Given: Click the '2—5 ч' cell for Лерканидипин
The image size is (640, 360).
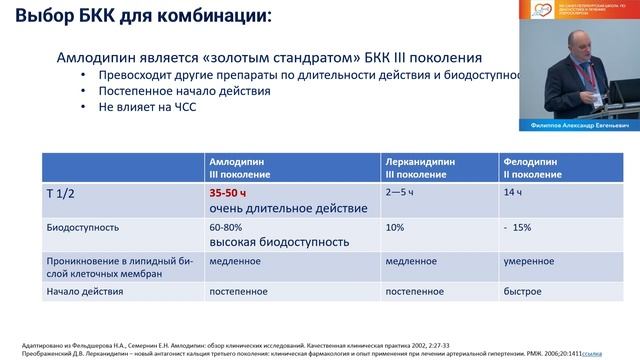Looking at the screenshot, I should pyautogui.click(x=402, y=190).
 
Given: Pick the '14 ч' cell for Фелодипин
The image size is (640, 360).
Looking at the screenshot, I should pyautogui.click(x=513, y=190).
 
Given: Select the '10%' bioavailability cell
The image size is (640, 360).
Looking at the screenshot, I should pyautogui.click(x=396, y=227).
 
